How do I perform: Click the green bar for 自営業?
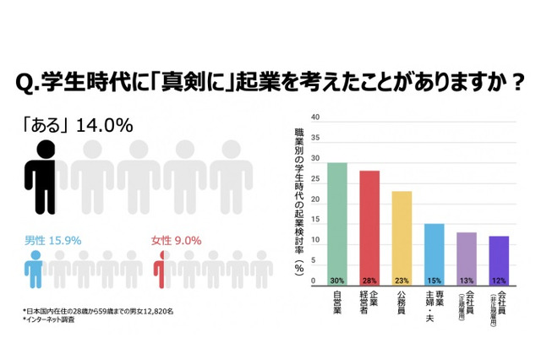(336, 224)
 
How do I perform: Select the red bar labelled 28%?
(369, 228)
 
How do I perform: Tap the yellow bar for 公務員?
(402, 238)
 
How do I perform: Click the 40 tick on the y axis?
(315, 117)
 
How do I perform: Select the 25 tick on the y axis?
(315, 179)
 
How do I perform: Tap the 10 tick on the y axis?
(315, 241)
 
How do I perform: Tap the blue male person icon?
(33, 270)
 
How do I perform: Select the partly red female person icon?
(161, 270)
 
